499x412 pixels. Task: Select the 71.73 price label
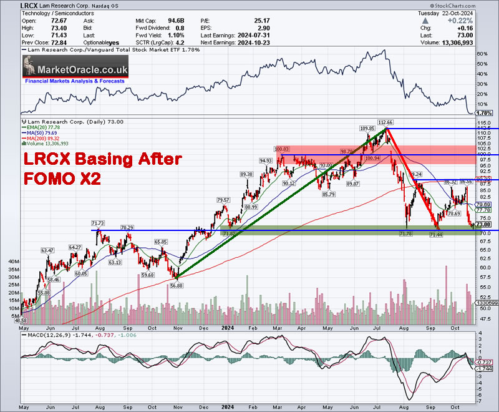[x=97, y=223]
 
